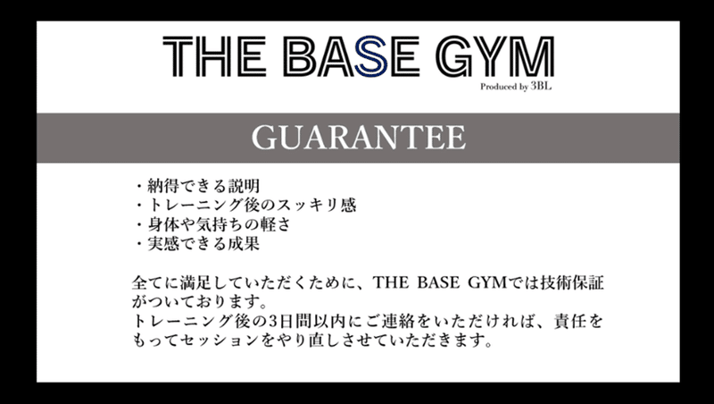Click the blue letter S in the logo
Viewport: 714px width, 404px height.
(x=371, y=55)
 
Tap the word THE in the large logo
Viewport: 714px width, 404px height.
(x=214, y=56)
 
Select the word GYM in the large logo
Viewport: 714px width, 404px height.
(x=494, y=56)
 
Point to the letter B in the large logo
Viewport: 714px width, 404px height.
(x=303, y=56)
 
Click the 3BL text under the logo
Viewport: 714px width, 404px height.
(x=541, y=86)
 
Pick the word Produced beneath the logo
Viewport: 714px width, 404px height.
(x=498, y=87)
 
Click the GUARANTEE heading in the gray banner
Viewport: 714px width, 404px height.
(x=359, y=138)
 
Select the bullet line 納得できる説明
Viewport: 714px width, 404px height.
(x=197, y=186)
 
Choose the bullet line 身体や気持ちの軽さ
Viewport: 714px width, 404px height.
(x=212, y=224)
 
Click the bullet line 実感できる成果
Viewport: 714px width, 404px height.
(x=197, y=243)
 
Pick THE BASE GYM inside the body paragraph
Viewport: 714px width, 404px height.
(x=439, y=282)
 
